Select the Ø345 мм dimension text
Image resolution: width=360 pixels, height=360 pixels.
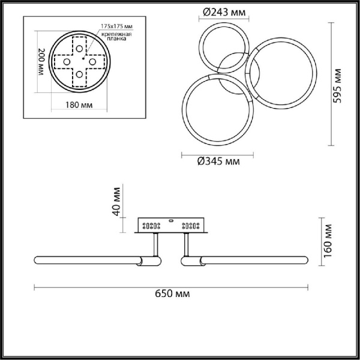[x=217, y=161]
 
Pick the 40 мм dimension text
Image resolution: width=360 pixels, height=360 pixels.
[x=117, y=201]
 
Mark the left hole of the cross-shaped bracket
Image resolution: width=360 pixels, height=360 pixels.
[x=66, y=61]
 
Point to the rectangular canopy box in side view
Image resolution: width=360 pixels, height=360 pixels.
[x=172, y=226]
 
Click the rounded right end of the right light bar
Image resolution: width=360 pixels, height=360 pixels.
[x=307, y=261]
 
